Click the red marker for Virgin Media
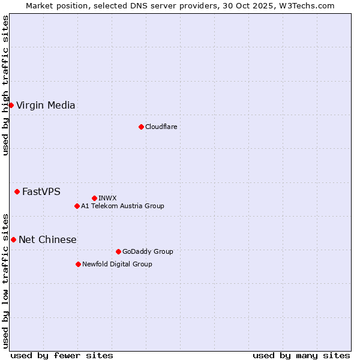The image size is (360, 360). [x=11, y=106]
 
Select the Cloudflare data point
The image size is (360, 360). [x=141, y=127]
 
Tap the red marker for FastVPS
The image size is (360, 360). [x=17, y=192]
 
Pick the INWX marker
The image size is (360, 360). [x=94, y=198]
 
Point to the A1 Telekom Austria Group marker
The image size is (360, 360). [x=77, y=206]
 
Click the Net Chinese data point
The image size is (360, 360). [x=13, y=240]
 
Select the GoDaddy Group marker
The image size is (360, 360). [x=118, y=251]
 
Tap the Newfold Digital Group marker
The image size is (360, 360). [x=78, y=264]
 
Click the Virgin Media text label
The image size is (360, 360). [x=46, y=106]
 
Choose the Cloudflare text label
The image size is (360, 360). [x=161, y=127]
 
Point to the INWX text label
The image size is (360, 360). [x=107, y=198]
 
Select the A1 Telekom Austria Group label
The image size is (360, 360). [x=122, y=206]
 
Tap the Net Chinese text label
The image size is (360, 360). [x=47, y=240]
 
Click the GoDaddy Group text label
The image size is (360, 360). [x=148, y=251]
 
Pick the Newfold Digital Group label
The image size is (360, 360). [x=117, y=264]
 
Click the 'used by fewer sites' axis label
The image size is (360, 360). [x=62, y=355]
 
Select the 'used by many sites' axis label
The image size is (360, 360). [x=301, y=355]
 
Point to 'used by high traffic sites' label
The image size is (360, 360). [x=6, y=85]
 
